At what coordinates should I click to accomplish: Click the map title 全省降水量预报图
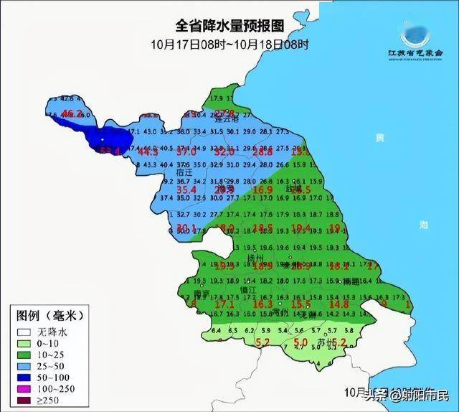coord(230,26)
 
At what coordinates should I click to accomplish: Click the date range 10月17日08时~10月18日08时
coord(229,44)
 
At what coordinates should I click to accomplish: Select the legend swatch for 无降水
coord(22,332)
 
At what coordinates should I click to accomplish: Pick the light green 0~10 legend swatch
coord(22,343)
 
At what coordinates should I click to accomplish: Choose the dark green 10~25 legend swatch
coord(22,355)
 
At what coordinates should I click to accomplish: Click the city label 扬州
coord(256,256)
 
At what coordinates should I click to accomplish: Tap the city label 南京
coord(201,294)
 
